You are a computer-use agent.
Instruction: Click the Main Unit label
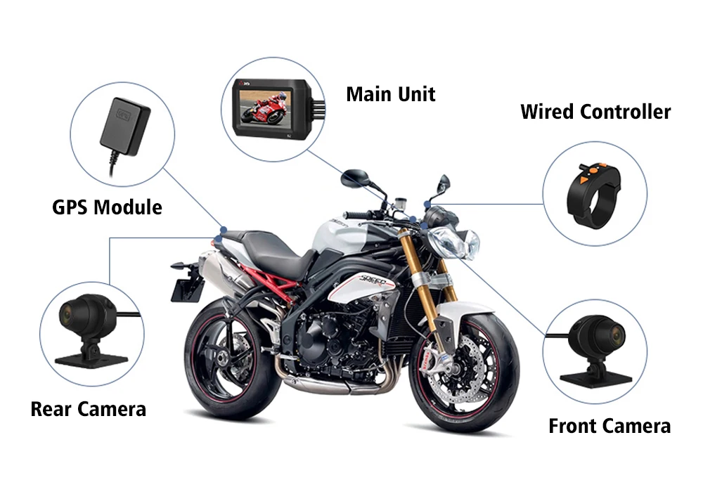coord(390,94)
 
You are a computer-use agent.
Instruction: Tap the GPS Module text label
coord(107,207)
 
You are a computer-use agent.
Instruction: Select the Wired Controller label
coord(595,112)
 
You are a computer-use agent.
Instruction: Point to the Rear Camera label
coord(88,409)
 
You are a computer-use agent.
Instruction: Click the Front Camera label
coord(609,426)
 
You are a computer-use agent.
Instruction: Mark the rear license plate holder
coord(183,285)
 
